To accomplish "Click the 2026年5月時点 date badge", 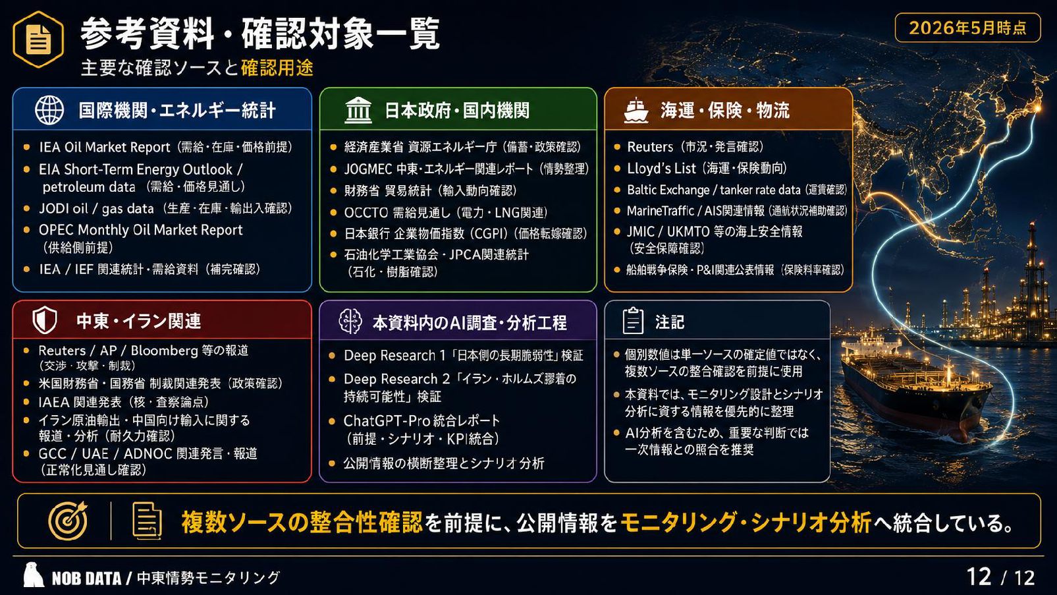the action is click(x=968, y=28).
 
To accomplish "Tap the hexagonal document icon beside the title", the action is click(x=38, y=40).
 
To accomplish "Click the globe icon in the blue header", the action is click(x=49, y=110).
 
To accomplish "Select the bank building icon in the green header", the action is click(x=358, y=111).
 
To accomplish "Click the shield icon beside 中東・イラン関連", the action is click(x=45, y=321).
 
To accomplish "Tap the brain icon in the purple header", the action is click(x=350, y=322).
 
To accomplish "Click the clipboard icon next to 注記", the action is click(x=633, y=322).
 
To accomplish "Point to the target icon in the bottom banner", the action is click(x=68, y=521).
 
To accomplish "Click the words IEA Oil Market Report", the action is click(x=105, y=148).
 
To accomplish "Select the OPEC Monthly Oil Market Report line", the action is click(x=141, y=230).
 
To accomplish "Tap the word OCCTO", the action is click(x=366, y=213).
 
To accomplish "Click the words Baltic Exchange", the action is click(x=668, y=190).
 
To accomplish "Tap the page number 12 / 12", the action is click(x=1000, y=577).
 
